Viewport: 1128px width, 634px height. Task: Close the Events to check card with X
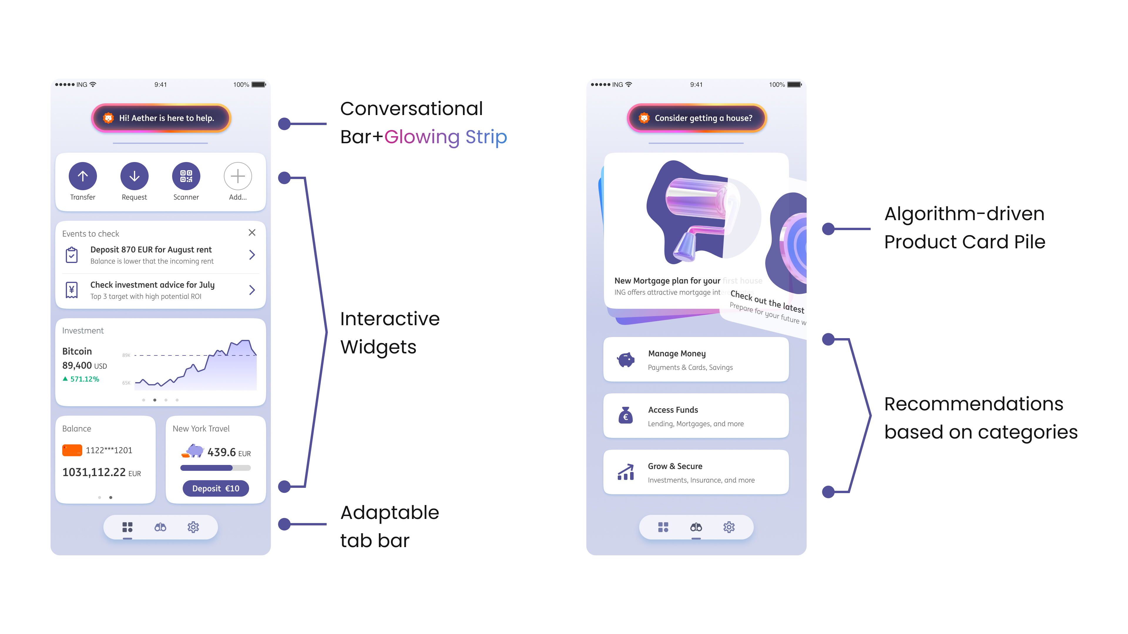252,232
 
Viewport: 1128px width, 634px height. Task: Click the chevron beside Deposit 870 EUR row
252,255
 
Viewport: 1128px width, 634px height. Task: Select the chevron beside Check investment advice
252,290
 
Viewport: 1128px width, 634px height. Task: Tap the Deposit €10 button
215,488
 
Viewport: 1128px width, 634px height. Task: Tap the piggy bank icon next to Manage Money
626,360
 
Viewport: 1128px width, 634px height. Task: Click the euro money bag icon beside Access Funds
626,416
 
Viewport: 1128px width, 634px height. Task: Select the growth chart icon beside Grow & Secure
626,472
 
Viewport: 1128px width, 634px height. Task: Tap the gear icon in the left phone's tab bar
193,527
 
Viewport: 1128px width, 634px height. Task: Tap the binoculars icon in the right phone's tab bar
696,527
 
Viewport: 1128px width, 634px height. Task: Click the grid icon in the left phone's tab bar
127,527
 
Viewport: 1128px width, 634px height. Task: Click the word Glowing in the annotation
422,137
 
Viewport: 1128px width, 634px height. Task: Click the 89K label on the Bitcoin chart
126,355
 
